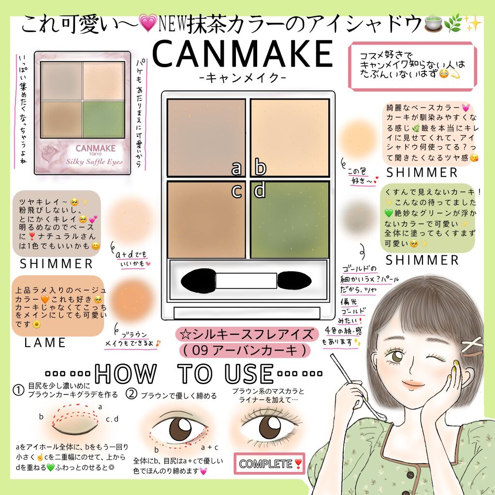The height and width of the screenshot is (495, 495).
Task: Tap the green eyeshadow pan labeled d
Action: click(290, 220)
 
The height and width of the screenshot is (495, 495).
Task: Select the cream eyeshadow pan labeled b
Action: click(290, 137)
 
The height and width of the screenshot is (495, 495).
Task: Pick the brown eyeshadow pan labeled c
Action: click(206, 220)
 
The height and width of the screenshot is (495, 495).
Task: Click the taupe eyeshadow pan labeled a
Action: click(206, 137)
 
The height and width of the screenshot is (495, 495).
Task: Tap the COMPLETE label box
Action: click(269, 464)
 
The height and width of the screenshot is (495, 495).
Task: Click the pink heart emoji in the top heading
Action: click(145, 23)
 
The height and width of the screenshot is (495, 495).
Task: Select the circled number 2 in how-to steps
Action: click(131, 394)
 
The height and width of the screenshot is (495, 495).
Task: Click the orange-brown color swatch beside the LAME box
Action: click(131, 296)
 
